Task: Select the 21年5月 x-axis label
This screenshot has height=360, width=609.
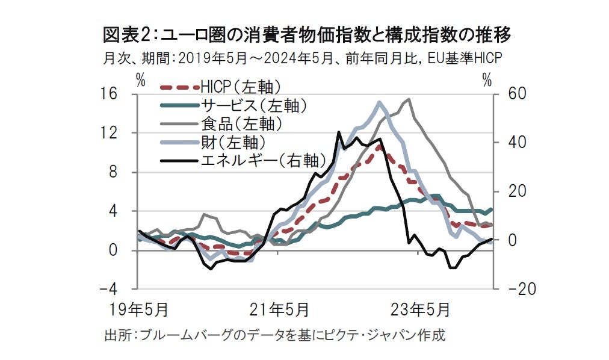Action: click(280, 310)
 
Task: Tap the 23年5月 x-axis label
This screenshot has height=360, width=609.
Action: click(420, 310)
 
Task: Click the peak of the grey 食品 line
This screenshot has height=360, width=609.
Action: click(409, 99)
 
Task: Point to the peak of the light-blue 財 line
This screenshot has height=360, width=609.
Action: click(380, 102)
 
